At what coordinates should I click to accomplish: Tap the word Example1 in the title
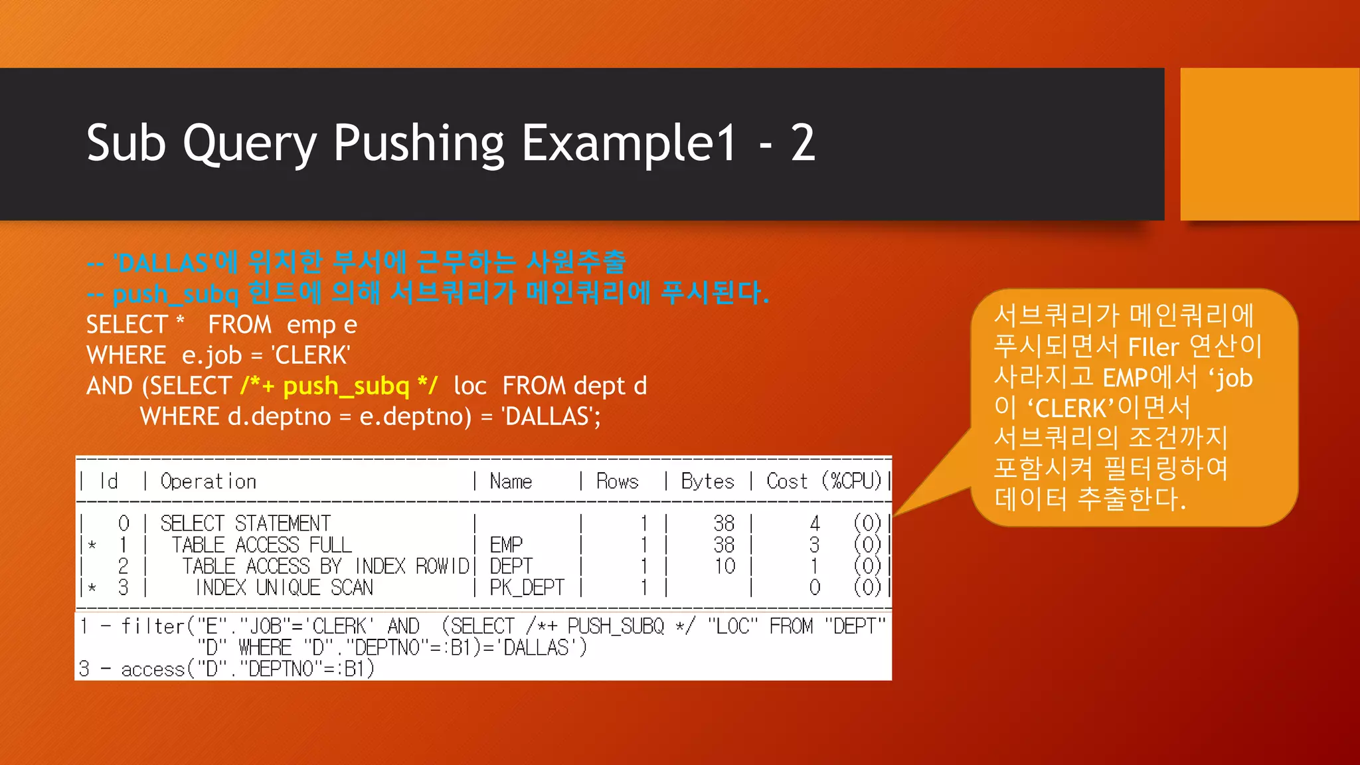pos(629,143)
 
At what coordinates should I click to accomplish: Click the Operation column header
pos(209,481)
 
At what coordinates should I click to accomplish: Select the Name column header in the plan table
pos(511,481)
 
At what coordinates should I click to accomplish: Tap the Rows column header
pos(617,481)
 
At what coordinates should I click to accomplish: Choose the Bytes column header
pos(707,481)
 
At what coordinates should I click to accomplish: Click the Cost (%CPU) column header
pos(823,481)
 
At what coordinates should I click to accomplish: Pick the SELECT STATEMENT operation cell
pos(245,523)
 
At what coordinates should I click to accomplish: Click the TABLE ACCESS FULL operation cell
pos(262,545)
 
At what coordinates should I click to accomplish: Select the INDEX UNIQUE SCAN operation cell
pos(284,588)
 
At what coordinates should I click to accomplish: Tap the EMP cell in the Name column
pos(506,545)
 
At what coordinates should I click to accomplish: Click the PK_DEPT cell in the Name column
pos(527,588)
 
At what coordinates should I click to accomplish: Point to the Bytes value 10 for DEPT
pos(724,566)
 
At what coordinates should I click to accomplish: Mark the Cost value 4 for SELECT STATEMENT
pos(815,523)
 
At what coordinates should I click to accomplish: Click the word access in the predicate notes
pos(152,669)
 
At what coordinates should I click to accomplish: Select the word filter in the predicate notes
pos(152,626)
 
